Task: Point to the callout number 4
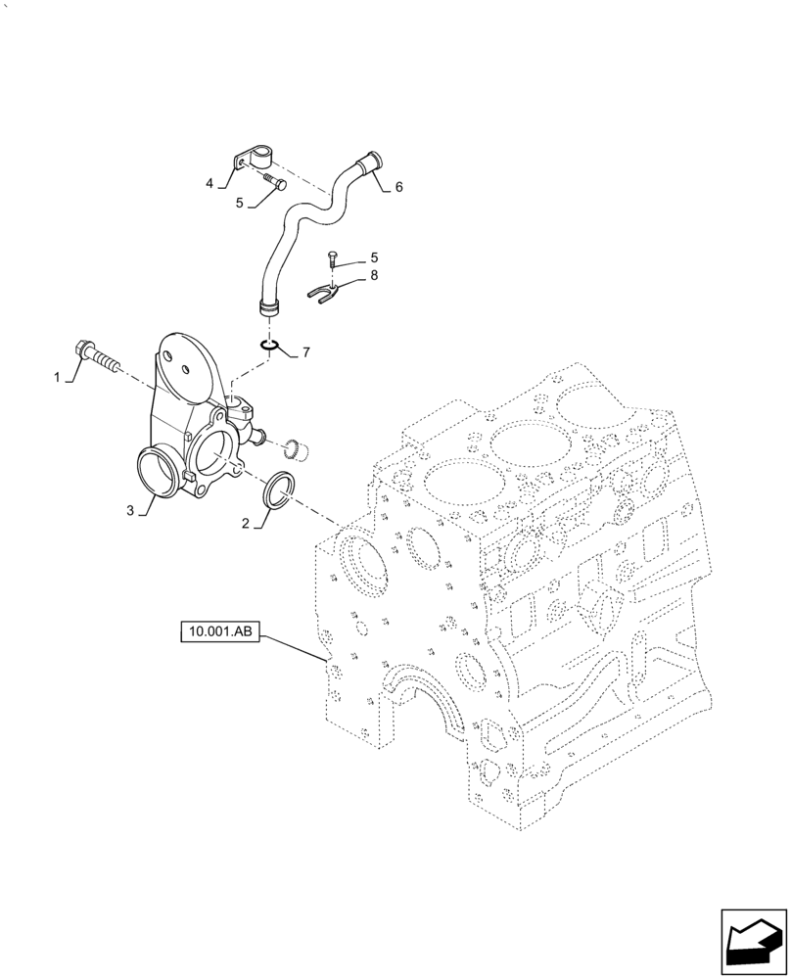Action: point(209,182)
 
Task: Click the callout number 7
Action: point(305,350)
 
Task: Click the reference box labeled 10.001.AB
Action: point(218,633)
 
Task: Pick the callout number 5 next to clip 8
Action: point(373,258)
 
